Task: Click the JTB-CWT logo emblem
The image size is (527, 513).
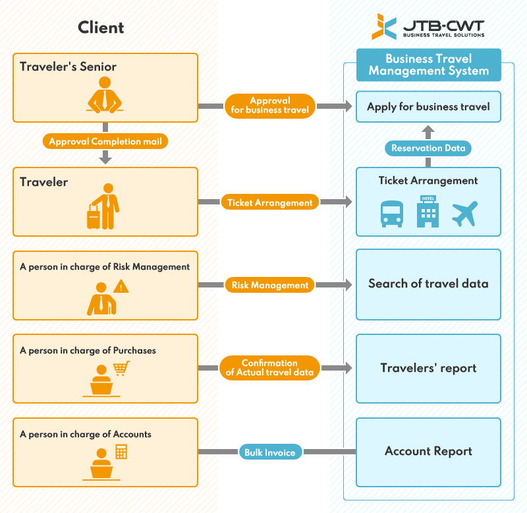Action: (384, 26)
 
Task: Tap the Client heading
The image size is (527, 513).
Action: (101, 27)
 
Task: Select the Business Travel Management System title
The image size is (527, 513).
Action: (428, 65)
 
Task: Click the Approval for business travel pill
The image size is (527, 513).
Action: (270, 106)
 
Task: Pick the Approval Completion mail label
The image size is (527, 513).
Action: (105, 141)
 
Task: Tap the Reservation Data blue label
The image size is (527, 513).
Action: (428, 148)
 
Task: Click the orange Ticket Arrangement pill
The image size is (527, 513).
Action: (270, 202)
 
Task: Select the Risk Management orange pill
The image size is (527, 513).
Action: (270, 286)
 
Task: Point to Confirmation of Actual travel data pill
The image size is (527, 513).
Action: (270, 368)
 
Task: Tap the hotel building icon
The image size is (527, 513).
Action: (428, 212)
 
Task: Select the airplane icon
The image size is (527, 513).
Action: (464, 214)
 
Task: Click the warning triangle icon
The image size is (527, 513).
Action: (121, 286)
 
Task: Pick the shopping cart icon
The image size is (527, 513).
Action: (121, 368)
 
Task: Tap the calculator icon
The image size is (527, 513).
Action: (121, 452)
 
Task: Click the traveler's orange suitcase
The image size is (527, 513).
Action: (94, 216)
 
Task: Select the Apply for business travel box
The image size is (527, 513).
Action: (428, 107)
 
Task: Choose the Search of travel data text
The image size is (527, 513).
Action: (428, 284)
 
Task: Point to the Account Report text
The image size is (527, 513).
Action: (428, 452)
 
